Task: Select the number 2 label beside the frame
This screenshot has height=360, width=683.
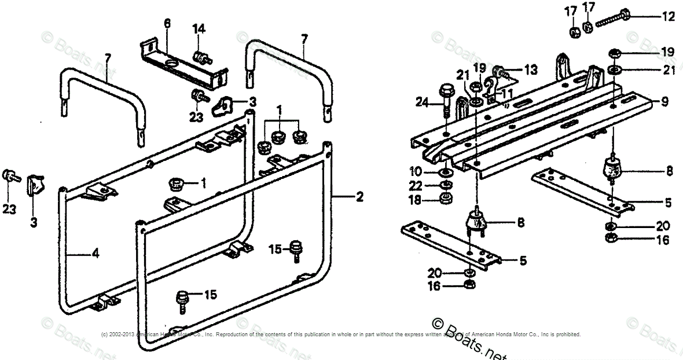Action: [x=359, y=197]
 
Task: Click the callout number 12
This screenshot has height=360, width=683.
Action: [x=669, y=17]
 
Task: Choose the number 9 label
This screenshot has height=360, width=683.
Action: [x=664, y=102]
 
